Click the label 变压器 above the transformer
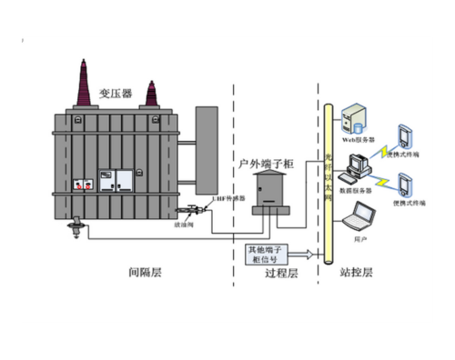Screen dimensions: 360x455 (x=115, y=94)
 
